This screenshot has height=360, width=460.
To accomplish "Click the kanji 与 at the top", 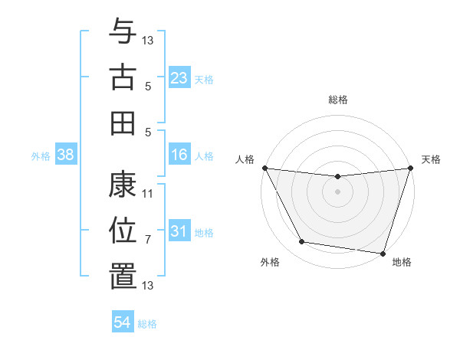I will (123, 31).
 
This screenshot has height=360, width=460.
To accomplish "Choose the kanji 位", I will (123, 231).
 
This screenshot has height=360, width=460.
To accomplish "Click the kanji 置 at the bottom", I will (123, 277).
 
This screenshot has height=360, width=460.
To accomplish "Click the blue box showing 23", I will (179, 78).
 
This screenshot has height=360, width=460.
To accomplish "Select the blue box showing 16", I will (179, 155).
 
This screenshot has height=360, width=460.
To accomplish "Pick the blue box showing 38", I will (66, 155).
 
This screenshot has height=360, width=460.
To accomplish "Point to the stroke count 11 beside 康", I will (148, 194).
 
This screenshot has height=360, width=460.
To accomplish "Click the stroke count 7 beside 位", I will (148, 240).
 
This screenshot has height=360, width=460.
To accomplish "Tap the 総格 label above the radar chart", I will (338, 100).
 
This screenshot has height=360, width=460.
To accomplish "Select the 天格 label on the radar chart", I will (431, 159).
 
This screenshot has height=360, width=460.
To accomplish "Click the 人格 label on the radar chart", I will (245, 159).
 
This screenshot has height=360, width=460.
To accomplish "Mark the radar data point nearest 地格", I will (383, 253).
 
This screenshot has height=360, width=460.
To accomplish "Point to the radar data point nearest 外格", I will (302, 242).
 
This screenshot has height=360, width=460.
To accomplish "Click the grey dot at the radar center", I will (337, 191).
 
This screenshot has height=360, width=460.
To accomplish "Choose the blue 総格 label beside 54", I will (148, 324).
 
